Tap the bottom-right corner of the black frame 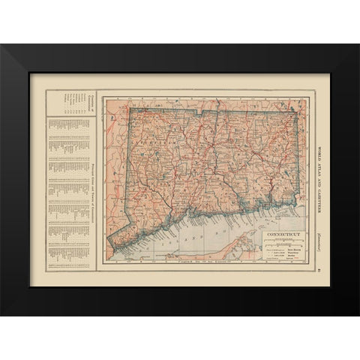pos(358,314)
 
